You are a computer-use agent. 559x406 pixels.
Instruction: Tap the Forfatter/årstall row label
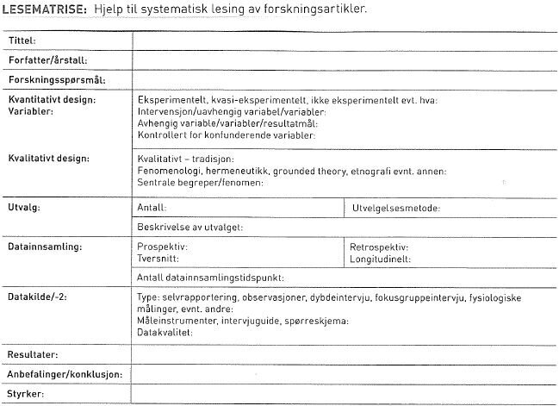tap(47, 60)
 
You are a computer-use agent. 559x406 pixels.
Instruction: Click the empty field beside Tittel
tap(345, 41)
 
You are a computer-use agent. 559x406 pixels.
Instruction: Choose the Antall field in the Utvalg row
tap(152, 208)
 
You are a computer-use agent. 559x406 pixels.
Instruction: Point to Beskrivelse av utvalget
tap(190, 227)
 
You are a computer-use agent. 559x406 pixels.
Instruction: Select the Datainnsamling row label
tap(44, 247)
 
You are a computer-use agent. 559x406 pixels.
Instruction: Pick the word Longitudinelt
tap(381, 258)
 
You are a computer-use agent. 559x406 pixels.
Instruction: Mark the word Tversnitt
tap(159, 258)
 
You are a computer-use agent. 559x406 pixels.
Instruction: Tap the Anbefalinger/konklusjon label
tap(65, 375)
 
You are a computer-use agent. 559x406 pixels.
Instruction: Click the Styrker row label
tap(27, 395)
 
